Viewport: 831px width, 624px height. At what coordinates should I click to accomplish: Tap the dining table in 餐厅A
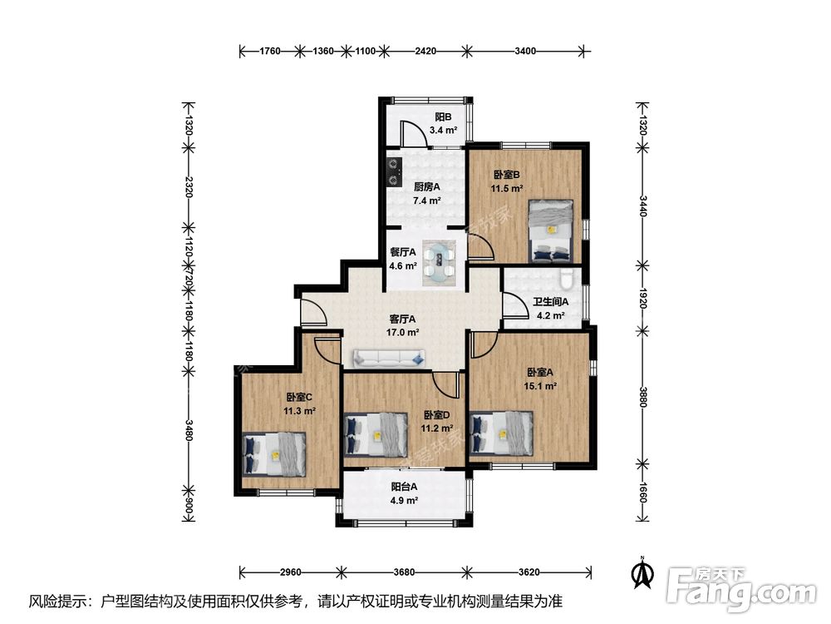(x=440, y=262)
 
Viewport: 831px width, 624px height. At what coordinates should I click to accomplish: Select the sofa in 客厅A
(x=390, y=359)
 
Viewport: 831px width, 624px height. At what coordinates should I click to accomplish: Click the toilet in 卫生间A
(x=566, y=278)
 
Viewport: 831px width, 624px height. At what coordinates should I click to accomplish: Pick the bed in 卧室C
(x=274, y=454)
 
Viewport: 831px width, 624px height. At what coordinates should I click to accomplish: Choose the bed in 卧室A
(x=501, y=433)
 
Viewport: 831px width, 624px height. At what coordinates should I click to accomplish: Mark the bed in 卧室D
(x=376, y=434)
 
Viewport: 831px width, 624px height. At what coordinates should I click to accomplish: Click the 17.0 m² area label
(x=403, y=333)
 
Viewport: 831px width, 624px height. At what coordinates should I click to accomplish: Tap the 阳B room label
(x=443, y=116)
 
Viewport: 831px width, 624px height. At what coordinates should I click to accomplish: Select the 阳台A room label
(x=405, y=486)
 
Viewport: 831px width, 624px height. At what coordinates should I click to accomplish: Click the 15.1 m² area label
(x=540, y=386)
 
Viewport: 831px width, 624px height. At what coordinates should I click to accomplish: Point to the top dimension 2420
(x=425, y=51)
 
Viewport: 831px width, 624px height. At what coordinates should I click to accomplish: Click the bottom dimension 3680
(x=405, y=572)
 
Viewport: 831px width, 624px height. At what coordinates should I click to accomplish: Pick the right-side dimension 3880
(x=642, y=396)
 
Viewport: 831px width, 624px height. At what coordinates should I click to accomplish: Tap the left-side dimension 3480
(x=189, y=430)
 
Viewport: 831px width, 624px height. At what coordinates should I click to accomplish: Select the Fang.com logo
(x=741, y=588)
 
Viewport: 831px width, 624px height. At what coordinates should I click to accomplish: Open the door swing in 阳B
(x=413, y=134)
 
